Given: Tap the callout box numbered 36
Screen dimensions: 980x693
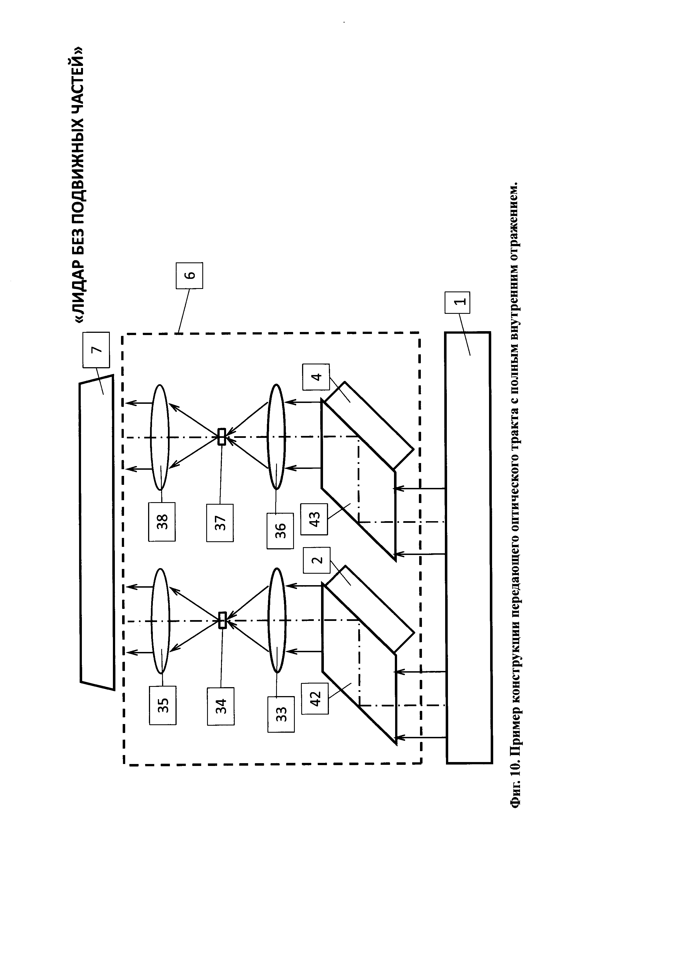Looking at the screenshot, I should click(x=280, y=531).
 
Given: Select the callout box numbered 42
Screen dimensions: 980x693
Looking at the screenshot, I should click(x=315, y=698).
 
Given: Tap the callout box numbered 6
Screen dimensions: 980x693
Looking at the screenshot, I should click(x=189, y=275).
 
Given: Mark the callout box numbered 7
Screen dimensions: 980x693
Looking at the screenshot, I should click(x=96, y=350).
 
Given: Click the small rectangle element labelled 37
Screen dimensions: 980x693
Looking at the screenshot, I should click(x=222, y=437).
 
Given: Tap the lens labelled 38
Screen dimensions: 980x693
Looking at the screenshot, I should click(x=160, y=437).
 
